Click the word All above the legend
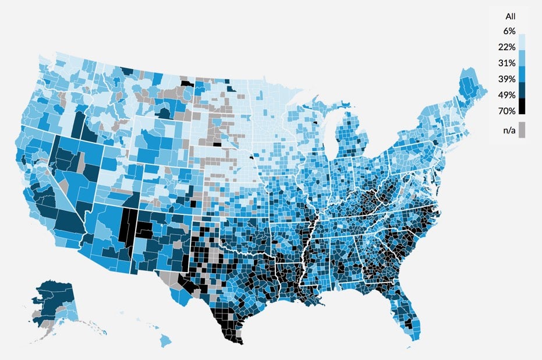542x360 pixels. click(510, 16)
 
